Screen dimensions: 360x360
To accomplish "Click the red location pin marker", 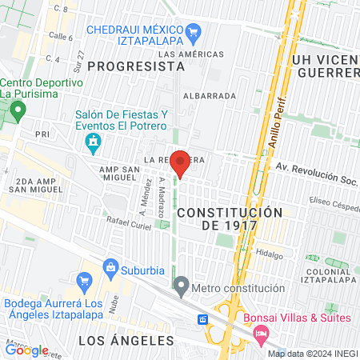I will pyautogui.click(x=180, y=162).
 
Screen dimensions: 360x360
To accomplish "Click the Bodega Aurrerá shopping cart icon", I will pyautogui.click(x=82, y=281).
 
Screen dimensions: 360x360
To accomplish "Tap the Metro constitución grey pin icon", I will pyautogui.click(x=182, y=286).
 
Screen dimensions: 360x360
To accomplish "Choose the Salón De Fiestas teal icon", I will pyautogui.click(x=93, y=143).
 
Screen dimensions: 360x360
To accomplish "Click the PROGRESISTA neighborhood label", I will pyautogui.click(x=130, y=66).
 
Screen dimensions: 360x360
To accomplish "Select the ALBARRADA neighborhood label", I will pyautogui.click(x=210, y=95).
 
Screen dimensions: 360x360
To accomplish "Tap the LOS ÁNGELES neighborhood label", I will pyautogui.click(x=126, y=340).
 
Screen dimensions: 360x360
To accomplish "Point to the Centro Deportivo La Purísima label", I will pyautogui.click(x=41, y=88).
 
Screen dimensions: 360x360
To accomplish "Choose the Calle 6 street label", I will pyautogui.click(x=60, y=37).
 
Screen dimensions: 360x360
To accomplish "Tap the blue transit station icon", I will pyautogui.click(x=203, y=319).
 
